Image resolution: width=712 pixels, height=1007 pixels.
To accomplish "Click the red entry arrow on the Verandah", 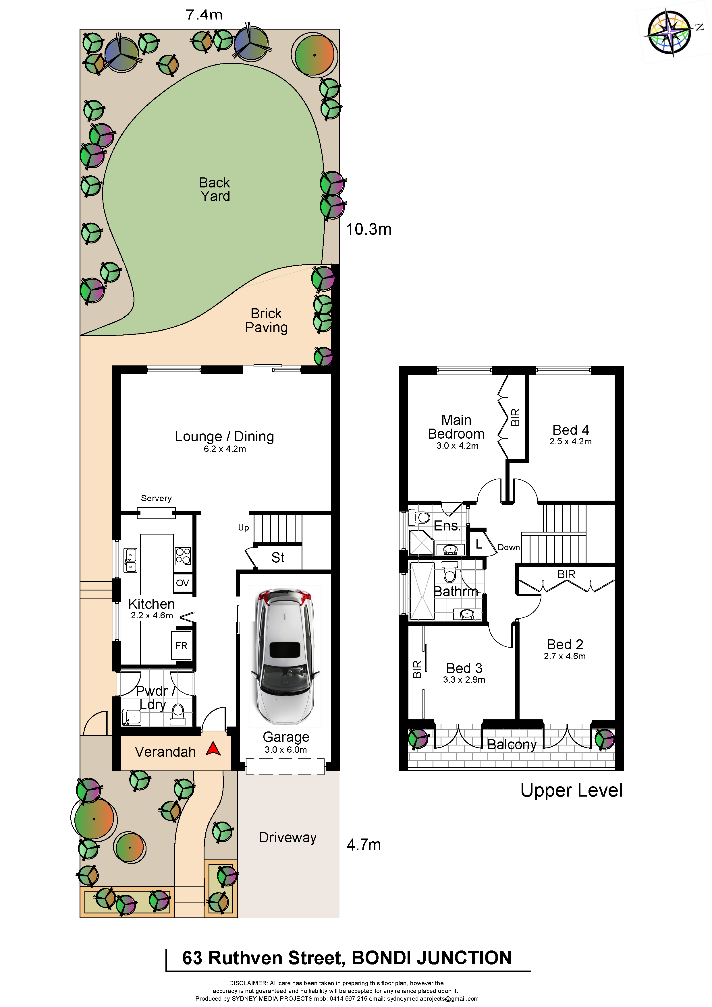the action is (x=213, y=749).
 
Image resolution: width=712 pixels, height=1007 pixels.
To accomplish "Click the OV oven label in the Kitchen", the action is (x=182, y=583).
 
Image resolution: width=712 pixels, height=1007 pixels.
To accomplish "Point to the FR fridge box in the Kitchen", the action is (x=181, y=645).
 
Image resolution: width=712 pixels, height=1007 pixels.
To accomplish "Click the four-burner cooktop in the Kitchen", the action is (x=183, y=556).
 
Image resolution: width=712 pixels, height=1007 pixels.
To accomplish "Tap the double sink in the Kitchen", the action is (x=130, y=561).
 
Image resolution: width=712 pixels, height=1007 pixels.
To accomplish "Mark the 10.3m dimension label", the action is (x=368, y=229).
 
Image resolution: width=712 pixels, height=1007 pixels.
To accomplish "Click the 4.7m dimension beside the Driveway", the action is (x=364, y=845).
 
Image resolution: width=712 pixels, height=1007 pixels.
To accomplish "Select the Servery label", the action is (x=156, y=498).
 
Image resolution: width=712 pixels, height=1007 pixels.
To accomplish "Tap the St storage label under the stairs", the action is (x=278, y=557).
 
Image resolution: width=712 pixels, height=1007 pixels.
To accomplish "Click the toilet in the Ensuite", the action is (x=419, y=518).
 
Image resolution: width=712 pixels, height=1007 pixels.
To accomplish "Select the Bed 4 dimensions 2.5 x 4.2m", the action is (x=570, y=442).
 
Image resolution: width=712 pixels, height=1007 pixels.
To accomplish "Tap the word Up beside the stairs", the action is (x=244, y=528).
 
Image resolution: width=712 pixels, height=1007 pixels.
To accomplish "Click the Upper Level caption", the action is (x=571, y=790).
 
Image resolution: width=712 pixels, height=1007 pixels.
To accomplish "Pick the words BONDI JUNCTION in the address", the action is (x=432, y=958).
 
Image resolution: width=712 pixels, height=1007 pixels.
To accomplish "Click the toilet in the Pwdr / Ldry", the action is (x=178, y=713).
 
